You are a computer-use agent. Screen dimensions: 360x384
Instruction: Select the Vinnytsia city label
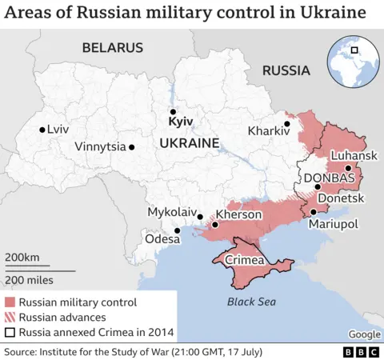[100, 146]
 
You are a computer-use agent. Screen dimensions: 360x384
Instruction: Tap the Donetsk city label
[341, 198]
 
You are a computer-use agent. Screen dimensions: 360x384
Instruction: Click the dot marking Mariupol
[314, 212]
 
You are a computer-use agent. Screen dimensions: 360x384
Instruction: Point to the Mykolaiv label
[172, 212]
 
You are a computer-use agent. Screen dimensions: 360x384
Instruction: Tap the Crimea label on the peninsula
[244, 261]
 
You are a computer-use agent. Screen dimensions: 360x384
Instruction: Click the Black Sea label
[250, 302]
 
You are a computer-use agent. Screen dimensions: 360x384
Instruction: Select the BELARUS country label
[112, 48]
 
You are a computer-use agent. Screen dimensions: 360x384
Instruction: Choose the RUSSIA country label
[286, 70]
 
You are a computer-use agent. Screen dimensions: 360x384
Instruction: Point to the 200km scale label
[22, 257]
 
